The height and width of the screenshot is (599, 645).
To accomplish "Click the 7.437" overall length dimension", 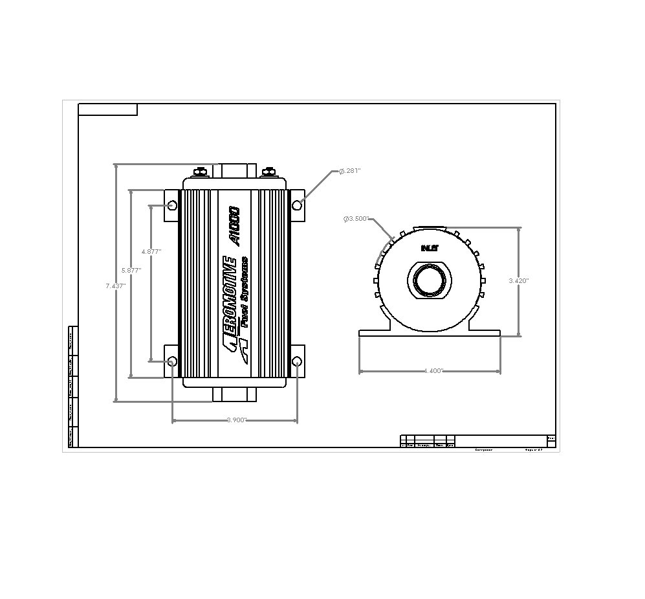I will [x=115, y=285].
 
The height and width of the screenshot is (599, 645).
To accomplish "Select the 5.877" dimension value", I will [x=131, y=270].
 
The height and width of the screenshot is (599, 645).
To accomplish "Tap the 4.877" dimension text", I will [x=151, y=251].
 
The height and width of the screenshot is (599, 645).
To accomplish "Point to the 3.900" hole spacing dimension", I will [x=236, y=420].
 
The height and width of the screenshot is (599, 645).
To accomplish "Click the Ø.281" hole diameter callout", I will [x=349, y=171].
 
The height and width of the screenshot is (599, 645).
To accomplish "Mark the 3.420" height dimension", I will [x=519, y=280].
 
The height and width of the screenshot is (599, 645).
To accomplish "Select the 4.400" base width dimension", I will [x=433, y=371].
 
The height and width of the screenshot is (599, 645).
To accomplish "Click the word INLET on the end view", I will [x=429, y=247].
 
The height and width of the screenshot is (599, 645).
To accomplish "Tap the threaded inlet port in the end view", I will [x=429, y=282].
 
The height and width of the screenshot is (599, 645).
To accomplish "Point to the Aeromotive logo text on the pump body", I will [x=228, y=301].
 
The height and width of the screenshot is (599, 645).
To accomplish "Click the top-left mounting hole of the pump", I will [x=172, y=205].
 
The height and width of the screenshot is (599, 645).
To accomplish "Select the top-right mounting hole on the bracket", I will [x=297, y=205].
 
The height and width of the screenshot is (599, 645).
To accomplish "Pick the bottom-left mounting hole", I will [x=172, y=361].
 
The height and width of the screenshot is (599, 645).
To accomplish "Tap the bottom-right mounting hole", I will [x=297, y=361].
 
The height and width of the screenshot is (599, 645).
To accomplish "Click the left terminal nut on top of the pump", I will [x=201, y=172].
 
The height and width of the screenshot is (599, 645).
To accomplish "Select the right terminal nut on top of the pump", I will [x=268, y=172].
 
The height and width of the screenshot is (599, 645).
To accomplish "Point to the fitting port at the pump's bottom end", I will [x=234, y=394].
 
